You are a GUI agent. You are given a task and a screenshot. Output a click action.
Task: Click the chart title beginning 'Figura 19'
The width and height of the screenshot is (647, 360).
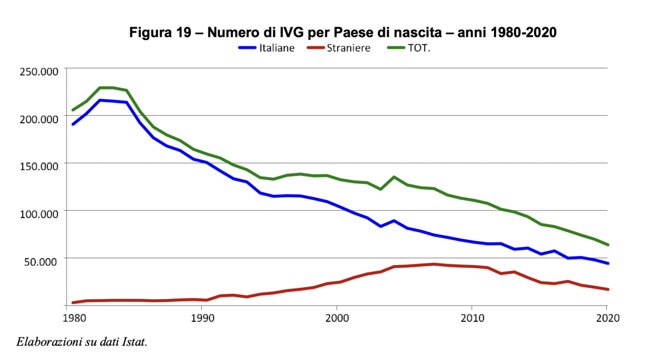pyautogui.click(x=342, y=32)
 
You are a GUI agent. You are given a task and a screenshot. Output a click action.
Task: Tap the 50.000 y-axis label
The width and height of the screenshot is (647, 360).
pyautogui.click(x=41, y=261)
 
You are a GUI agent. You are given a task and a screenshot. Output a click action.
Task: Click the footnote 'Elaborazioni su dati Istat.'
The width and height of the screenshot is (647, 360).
pyautogui.click(x=82, y=342)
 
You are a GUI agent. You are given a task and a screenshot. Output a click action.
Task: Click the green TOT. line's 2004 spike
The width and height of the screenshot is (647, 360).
pyautogui.click(x=394, y=177)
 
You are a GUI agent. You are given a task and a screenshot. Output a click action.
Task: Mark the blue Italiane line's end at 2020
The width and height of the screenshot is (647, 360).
pyautogui.click(x=608, y=263)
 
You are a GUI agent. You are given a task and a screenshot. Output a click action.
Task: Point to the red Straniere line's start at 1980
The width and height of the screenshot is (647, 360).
pyautogui.click(x=73, y=302)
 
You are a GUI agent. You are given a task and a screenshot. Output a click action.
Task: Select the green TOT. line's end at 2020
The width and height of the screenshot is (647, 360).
pyautogui.click(x=608, y=245)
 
